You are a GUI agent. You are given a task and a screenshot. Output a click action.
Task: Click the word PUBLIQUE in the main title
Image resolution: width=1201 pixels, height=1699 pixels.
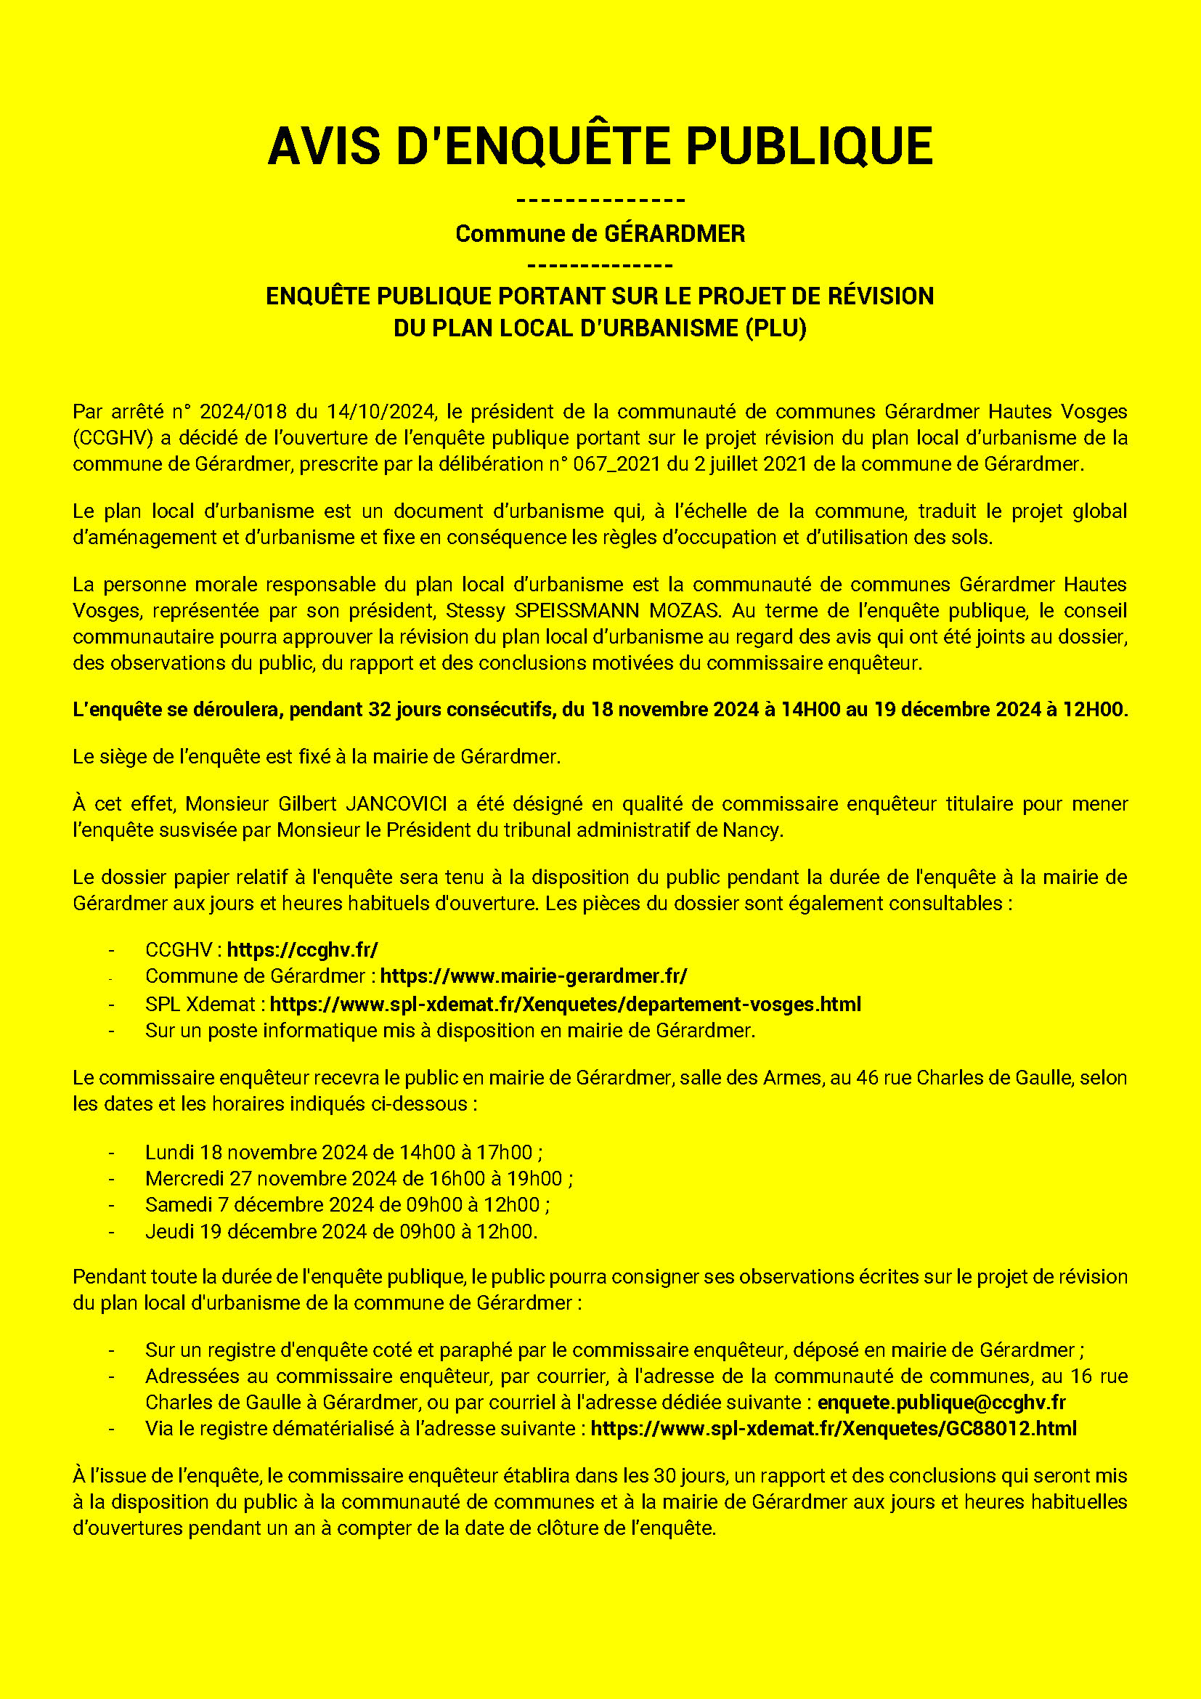[x=809, y=146]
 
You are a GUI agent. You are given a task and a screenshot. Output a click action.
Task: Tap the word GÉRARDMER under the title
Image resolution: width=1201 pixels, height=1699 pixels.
[x=675, y=234]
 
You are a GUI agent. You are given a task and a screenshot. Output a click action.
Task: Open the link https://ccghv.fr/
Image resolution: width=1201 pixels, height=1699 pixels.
[x=303, y=950]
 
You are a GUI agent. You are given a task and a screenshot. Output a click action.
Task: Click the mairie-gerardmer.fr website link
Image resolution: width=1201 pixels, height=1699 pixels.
[x=533, y=976]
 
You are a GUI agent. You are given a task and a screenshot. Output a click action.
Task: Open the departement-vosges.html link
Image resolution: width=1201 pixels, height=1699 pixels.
[x=565, y=1004]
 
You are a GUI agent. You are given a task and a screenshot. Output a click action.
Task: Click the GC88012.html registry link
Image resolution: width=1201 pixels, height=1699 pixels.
[x=834, y=1428]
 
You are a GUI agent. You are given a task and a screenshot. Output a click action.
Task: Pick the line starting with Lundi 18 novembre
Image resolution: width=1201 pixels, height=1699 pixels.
[x=344, y=1152]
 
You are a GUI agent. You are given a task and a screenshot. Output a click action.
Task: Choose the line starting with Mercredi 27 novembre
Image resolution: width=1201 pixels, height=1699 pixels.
[x=359, y=1178]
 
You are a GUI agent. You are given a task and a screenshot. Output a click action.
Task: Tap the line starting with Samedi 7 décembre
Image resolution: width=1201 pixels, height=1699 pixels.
[x=347, y=1204]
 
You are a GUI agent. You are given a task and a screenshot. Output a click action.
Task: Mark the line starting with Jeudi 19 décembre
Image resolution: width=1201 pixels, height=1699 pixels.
[x=341, y=1231]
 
